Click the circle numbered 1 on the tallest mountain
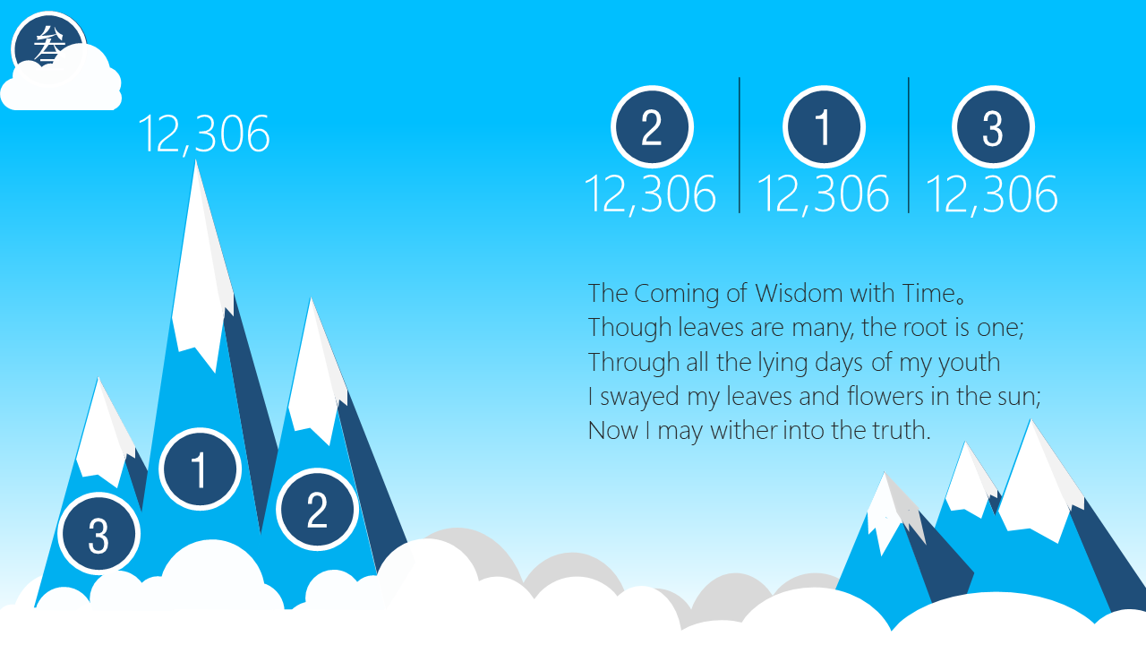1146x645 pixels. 200,469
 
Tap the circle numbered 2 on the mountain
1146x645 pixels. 317,510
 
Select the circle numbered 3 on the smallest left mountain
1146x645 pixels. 98,534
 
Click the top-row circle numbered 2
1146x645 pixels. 652,127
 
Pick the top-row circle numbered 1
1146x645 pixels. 824,127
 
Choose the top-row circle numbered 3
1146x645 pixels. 993,127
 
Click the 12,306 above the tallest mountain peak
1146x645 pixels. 204,134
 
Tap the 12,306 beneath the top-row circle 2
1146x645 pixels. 650,194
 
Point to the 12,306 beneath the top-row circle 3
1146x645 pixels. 992,194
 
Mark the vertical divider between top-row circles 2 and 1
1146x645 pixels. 740,145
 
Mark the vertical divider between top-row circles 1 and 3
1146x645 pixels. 909,145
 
